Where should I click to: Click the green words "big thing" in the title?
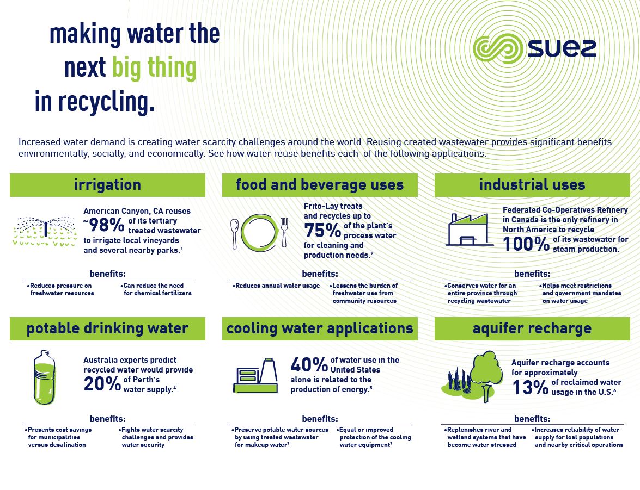point(154,68)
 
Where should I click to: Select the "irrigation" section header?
point(107,185)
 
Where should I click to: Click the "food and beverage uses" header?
point(320,185)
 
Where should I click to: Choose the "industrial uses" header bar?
point(532,185)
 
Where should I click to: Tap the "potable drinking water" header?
point(107,328)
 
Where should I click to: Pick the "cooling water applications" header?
point(320,328)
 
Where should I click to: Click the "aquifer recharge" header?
point(532,328)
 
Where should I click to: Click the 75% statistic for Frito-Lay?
point(322,231)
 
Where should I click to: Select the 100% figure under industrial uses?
point(526,244)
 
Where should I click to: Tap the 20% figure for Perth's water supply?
point(102,384)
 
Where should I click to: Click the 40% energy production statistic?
point(308,364)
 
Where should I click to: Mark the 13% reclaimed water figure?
point(530,387)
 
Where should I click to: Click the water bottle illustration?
point(45,377)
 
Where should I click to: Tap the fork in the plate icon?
point(284,231)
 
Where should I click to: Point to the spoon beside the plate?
point(235,231)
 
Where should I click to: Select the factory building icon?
point(467,229)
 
